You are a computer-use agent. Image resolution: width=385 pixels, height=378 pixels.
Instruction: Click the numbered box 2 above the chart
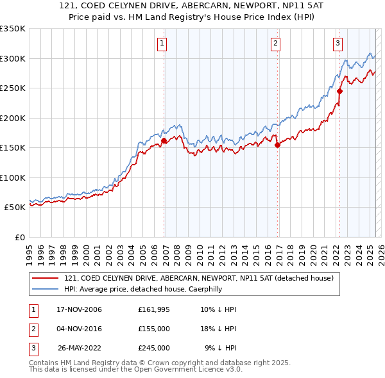(275, 44)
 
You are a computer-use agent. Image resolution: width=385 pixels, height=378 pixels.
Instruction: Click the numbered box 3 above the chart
(338, 44)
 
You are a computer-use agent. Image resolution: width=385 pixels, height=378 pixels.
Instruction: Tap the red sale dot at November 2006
(164, 140)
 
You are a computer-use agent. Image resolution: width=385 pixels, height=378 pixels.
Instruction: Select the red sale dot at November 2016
(278, 145)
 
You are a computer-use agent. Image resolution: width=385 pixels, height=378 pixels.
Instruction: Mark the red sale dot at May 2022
(339, 91)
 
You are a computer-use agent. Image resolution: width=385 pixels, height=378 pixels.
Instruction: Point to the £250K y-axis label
(12, 88)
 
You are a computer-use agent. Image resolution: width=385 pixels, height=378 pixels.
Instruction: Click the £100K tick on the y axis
(12, 177)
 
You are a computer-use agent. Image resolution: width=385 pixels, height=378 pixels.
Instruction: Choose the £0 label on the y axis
(19, 237)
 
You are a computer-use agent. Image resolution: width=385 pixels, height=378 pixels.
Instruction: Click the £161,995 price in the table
(154, 310)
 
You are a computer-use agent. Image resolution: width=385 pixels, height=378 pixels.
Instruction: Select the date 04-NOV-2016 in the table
(80, 329)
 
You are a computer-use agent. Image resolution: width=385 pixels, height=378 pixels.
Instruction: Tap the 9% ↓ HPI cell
(221, 348)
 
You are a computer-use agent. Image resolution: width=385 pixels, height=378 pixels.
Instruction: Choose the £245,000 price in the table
(154, 348)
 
